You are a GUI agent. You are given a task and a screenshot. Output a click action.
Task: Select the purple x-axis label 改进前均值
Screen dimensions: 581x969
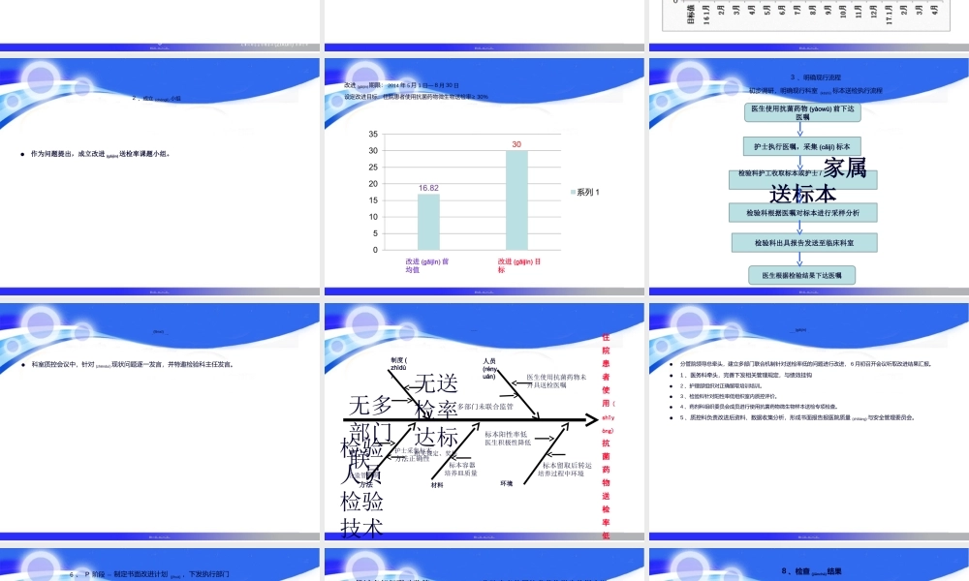[x=427, y=265]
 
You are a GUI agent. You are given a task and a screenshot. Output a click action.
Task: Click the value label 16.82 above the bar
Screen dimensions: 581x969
[x=429, y=188]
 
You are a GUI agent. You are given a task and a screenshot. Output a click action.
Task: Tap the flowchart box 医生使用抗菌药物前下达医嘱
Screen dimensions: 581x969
[x=801, y=113]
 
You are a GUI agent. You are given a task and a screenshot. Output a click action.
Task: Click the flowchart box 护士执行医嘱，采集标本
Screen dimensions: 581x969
[x=801, y=146]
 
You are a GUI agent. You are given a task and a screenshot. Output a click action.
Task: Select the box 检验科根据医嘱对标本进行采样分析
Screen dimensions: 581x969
[x=801, y=211]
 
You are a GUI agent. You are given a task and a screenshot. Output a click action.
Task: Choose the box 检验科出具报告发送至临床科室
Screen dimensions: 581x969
[x=801, y=242]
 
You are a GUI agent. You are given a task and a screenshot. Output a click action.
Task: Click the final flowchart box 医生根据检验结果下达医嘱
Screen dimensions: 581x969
[x=801, y=275]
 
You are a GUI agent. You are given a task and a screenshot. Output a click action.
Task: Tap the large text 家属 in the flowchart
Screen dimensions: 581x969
[x=845, y=168]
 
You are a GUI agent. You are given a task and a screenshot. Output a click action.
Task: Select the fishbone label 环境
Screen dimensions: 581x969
[x=506, y=482]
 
